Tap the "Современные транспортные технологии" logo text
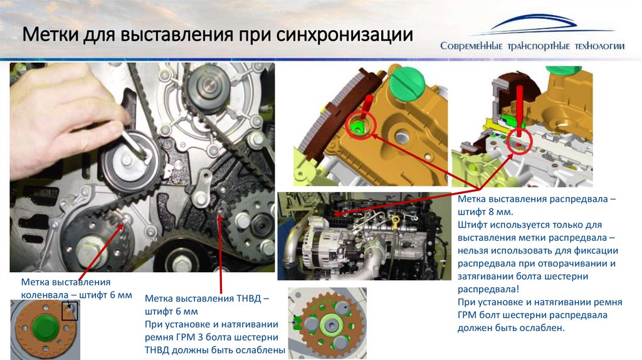[532, 46]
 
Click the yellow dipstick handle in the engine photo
[396, 221]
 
